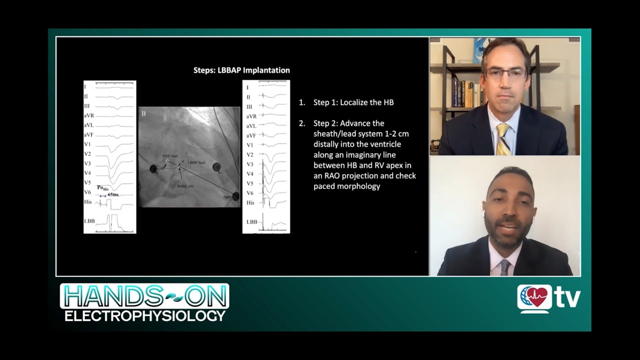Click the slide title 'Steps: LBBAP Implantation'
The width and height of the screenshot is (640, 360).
coord(241,70)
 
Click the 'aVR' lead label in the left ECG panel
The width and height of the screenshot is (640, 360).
coord(89,115)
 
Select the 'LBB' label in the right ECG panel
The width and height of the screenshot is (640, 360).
coord(251,222)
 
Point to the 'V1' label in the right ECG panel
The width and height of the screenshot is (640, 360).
coord(250,145)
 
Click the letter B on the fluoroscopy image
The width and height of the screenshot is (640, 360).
coord(143,113)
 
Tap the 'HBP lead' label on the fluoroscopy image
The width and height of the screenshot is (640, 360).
coord(170,156)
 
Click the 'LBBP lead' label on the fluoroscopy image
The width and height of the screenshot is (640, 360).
coord(196,162)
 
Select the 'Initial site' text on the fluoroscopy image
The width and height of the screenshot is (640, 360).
coord(185,186)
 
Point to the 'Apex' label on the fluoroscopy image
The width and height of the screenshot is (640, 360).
coord(227,197)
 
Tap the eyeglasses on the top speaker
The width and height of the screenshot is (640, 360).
coord(505,74)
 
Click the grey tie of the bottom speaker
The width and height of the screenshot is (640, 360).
coord(505,267)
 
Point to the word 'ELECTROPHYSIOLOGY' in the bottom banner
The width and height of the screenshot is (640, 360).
coord(145,315)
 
